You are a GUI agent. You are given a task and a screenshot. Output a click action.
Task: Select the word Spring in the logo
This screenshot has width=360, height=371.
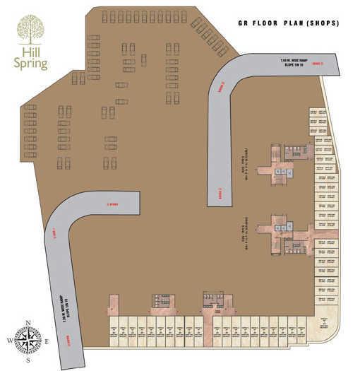(33, 64)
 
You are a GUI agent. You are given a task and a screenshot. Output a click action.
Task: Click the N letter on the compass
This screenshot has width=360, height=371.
(28, 323)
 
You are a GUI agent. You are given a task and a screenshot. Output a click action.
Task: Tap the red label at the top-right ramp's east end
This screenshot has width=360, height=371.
(318, 64)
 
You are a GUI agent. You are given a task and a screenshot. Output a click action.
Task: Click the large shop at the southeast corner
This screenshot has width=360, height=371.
(323, 323)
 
